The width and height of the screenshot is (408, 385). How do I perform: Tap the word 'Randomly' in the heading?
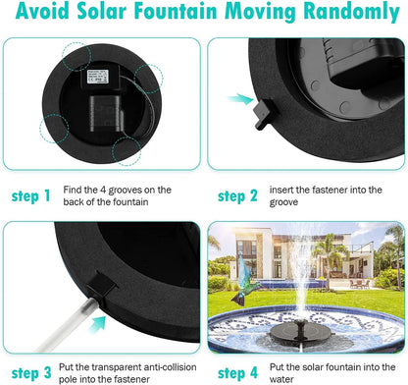pos(335,14)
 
